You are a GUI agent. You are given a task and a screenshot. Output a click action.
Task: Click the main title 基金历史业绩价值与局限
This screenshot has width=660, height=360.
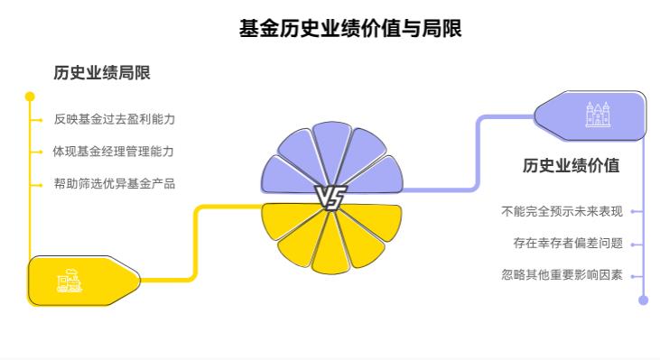(349, 29)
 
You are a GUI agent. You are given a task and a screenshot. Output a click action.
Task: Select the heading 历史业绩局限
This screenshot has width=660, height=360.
(101, 73)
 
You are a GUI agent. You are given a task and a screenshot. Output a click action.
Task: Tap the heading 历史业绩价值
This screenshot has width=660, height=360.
(571, 165)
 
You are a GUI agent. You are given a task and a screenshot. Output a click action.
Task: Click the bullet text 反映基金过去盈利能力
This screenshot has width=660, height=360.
(114, 119)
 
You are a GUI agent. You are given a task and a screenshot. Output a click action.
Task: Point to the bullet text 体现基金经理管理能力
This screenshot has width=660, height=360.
(114, 152)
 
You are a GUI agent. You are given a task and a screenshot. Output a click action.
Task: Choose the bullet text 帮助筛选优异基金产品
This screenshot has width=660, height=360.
(114, 184)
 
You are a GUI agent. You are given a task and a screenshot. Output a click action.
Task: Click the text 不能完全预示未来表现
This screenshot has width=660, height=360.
(562, 211)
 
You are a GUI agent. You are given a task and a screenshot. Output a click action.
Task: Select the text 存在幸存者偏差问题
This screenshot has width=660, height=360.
(568, 244)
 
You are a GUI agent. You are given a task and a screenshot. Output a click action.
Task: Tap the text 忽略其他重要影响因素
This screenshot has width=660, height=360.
(562, 276)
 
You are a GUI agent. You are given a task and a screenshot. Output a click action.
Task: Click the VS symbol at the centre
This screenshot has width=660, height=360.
(330, 198)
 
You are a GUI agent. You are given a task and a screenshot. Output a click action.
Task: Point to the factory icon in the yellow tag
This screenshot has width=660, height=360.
(69, 281)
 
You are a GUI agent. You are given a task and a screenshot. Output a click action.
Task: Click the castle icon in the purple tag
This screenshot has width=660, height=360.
(598, 115)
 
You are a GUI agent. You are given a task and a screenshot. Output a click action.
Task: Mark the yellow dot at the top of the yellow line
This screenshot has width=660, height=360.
(30, 97)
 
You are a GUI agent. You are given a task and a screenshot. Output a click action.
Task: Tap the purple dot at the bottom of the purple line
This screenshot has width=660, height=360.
(644, 300)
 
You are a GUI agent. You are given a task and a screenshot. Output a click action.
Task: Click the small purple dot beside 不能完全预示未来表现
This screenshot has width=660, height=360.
(633, 211)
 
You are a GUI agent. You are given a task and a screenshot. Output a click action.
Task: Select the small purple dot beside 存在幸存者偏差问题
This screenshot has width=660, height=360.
(633, 244)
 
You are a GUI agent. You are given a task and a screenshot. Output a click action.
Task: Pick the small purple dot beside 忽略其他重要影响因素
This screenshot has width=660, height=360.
(633, 276)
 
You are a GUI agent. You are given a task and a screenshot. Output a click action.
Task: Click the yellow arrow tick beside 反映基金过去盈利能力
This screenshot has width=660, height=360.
(38, 119)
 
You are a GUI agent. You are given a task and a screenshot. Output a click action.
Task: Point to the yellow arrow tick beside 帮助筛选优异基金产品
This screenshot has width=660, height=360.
(38, 184)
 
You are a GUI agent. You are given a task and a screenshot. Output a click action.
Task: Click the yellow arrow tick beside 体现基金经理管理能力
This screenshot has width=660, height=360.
(38, 152)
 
